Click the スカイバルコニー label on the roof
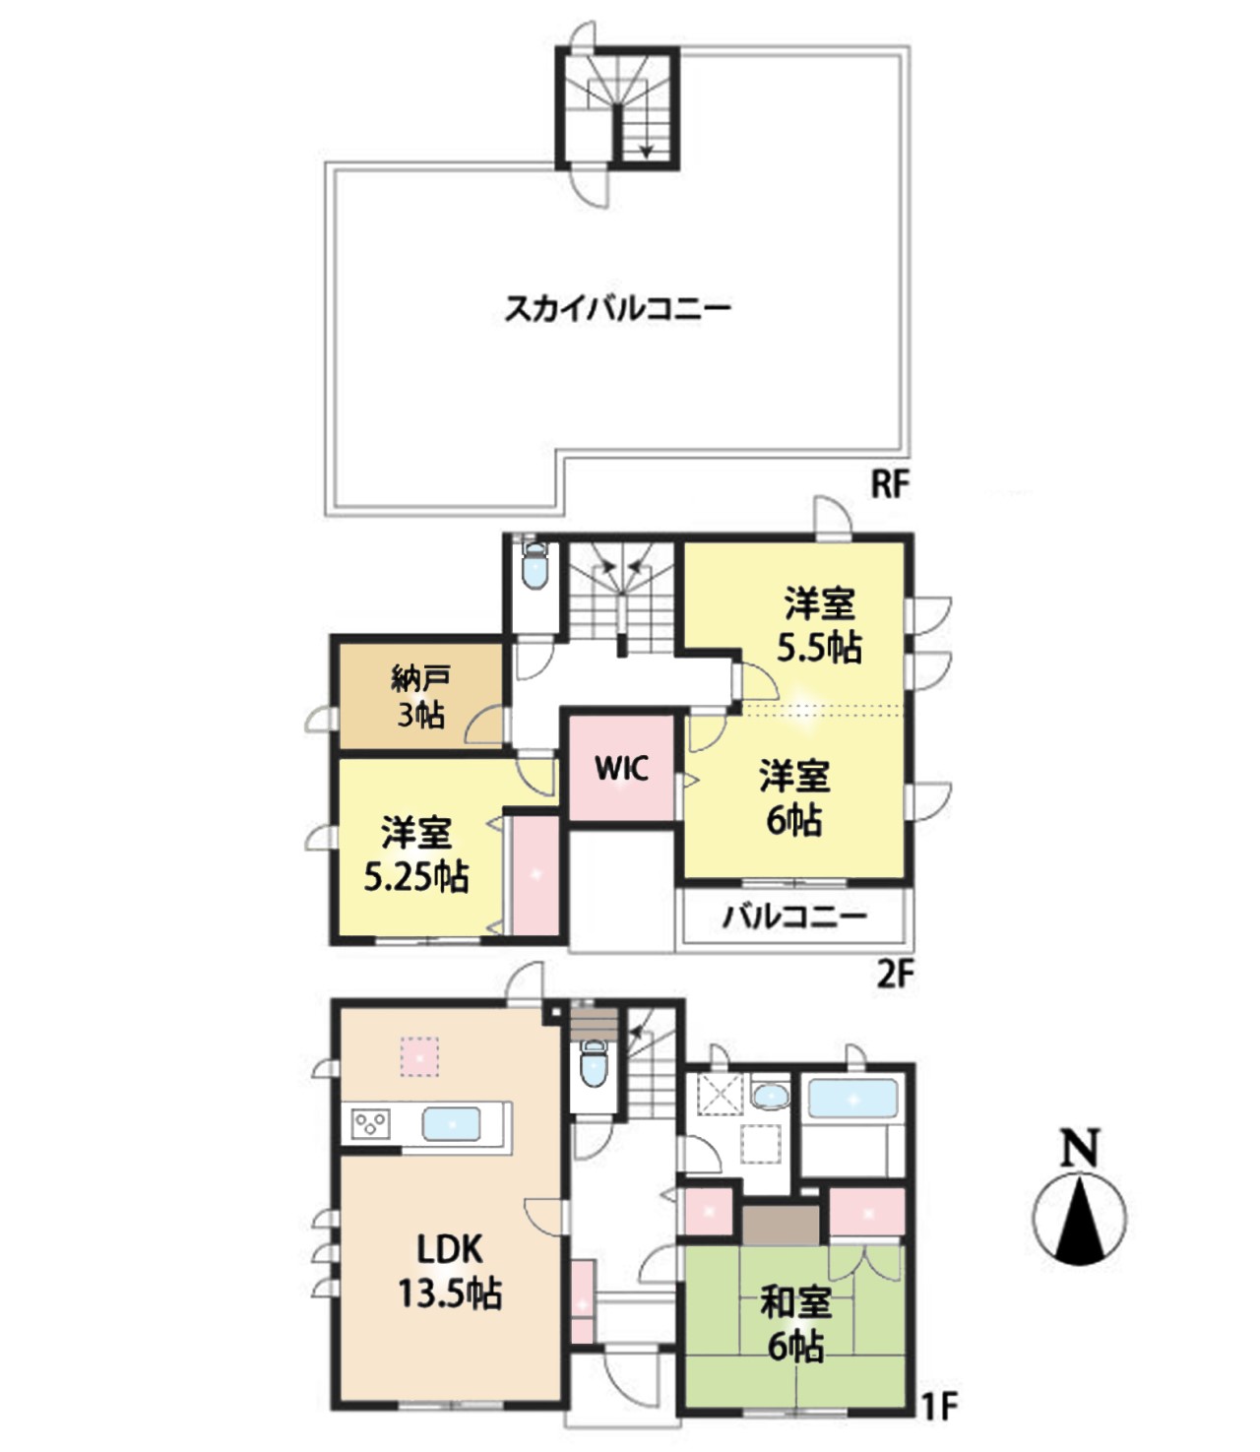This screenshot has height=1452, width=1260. pyautogui.click(x=617, y=309)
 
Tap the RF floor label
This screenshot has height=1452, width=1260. pyautogui.click(x=888, y=484)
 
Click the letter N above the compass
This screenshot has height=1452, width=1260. pyautogui.click(x=1080, y=1148)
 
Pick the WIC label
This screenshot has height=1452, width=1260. pyautogui.click(x=621, y=768)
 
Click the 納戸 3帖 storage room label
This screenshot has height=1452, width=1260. pyautogui.click(x=420, y=696)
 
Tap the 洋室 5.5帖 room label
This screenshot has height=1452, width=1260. pyautogui.click(x=819, y=625)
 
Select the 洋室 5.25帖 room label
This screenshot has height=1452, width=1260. pyautogui.click(x=416, y=853)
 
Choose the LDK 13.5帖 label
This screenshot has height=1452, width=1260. pyautogui.click(x=450, y=1270)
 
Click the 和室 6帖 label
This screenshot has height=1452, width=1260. pyautogui.click(x=795, y=1323)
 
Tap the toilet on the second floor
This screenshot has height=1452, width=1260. pyautogui.click(x=534, y=568)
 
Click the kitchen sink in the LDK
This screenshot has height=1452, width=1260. pyautogui.click(x=452, y=1123)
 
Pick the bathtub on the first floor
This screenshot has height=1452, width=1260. pyautogui.click(x=852, y=1098)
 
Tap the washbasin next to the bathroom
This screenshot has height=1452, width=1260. pyautogui.click(x=769, y=1095)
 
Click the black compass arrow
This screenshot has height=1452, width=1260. pyautogui.click(x=1081, y=1218)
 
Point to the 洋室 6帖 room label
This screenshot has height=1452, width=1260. pyautogui.click(x=794, y=797)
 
